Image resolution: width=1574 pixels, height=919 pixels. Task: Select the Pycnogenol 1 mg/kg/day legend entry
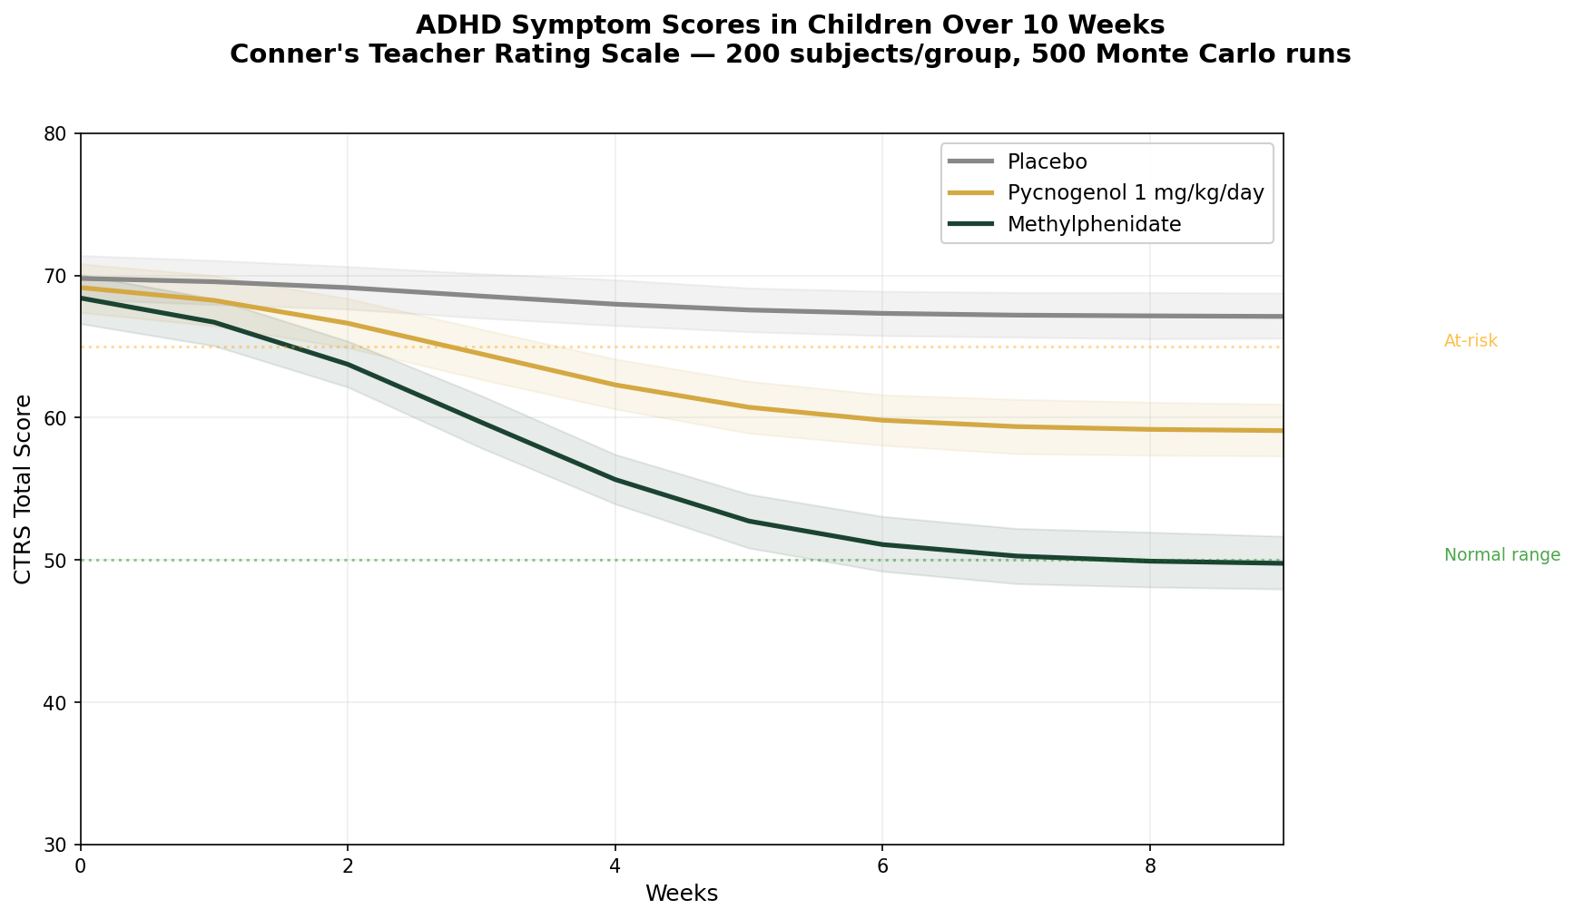pyautogui.click(x=1135, y=193)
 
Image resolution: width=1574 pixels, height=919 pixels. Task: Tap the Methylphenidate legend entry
pyautogui.click(x=1094, y=225)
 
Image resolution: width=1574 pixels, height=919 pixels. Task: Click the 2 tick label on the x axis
pyautogui.click(x=348, y=865)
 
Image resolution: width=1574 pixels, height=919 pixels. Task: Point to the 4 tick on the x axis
pyautogui.click(x=615, y=865)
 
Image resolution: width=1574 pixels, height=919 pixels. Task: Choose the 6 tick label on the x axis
pyautogui.click(x=882, y=865)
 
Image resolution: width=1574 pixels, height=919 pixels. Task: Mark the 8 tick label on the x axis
pyautogui.click(x=1150, y=865)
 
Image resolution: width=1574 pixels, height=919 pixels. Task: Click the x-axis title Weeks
pyautogui.click(x=682, y=894)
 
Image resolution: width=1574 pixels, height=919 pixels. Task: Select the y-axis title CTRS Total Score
pyautogui.click(x=24, y=489)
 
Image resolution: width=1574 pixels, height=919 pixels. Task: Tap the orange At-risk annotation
pyautogui.click(x=1471, y=341)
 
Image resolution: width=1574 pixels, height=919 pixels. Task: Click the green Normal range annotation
pyautogui.click(x=1501, y=555)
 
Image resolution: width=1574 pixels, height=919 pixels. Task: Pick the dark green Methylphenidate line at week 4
pyautogui.click(x=615, y=479)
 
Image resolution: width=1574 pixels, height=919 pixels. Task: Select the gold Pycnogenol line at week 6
pyautogui.click(x=882, y=420)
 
